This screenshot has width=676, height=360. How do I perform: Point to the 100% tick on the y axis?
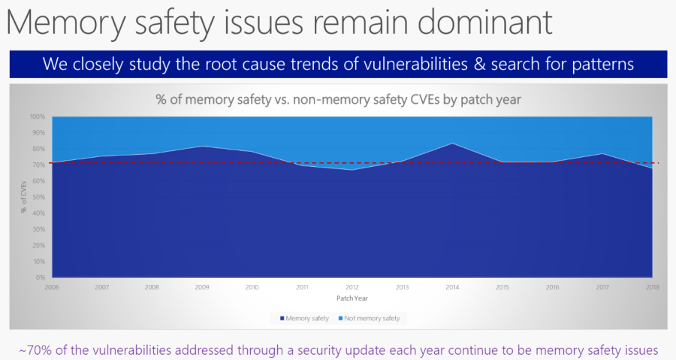coord(38,117)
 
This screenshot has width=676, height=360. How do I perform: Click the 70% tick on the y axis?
coord(39,165)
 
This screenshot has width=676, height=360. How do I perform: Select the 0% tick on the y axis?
coord(41,278)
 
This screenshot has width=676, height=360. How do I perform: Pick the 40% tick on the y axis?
coord(39,213)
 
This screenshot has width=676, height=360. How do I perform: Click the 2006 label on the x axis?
coord(51,287)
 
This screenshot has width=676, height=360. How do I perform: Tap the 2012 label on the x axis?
coord(352,287)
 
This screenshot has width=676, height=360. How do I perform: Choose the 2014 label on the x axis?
coord(451,287)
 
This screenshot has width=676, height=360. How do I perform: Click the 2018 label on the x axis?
coord(651,287)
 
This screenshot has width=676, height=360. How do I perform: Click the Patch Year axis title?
coord(351,298)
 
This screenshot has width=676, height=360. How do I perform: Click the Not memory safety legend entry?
coord(371,319)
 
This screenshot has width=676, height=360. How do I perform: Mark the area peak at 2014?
coord(451,144)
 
